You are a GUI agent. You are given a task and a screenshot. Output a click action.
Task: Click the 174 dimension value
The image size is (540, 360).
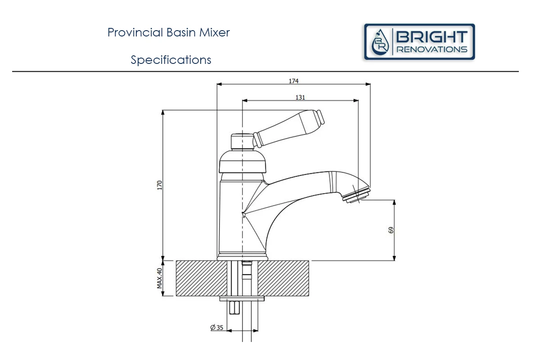[293, 81]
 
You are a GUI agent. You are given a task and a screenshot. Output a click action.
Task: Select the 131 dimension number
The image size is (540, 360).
[300, 97]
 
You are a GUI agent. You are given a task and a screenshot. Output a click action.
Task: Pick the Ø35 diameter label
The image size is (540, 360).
[217, 328]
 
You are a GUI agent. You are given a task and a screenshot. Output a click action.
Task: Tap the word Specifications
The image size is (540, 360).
[171, 60]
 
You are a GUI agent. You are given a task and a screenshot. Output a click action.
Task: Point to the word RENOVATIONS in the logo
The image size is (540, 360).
[431, 49]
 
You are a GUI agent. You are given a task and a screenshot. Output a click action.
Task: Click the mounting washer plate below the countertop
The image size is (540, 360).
[242, 298]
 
